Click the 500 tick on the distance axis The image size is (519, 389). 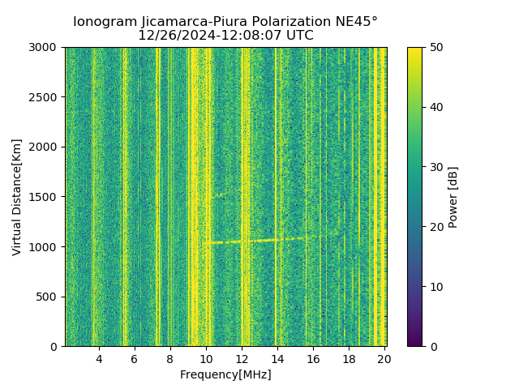point(49,297)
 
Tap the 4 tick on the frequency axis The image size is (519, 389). point(99,358)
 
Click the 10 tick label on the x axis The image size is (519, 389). point(206,358)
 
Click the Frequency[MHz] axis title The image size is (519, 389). point(225,374)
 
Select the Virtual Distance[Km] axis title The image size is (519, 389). point(17,197)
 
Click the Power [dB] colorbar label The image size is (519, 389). point(453,197)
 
